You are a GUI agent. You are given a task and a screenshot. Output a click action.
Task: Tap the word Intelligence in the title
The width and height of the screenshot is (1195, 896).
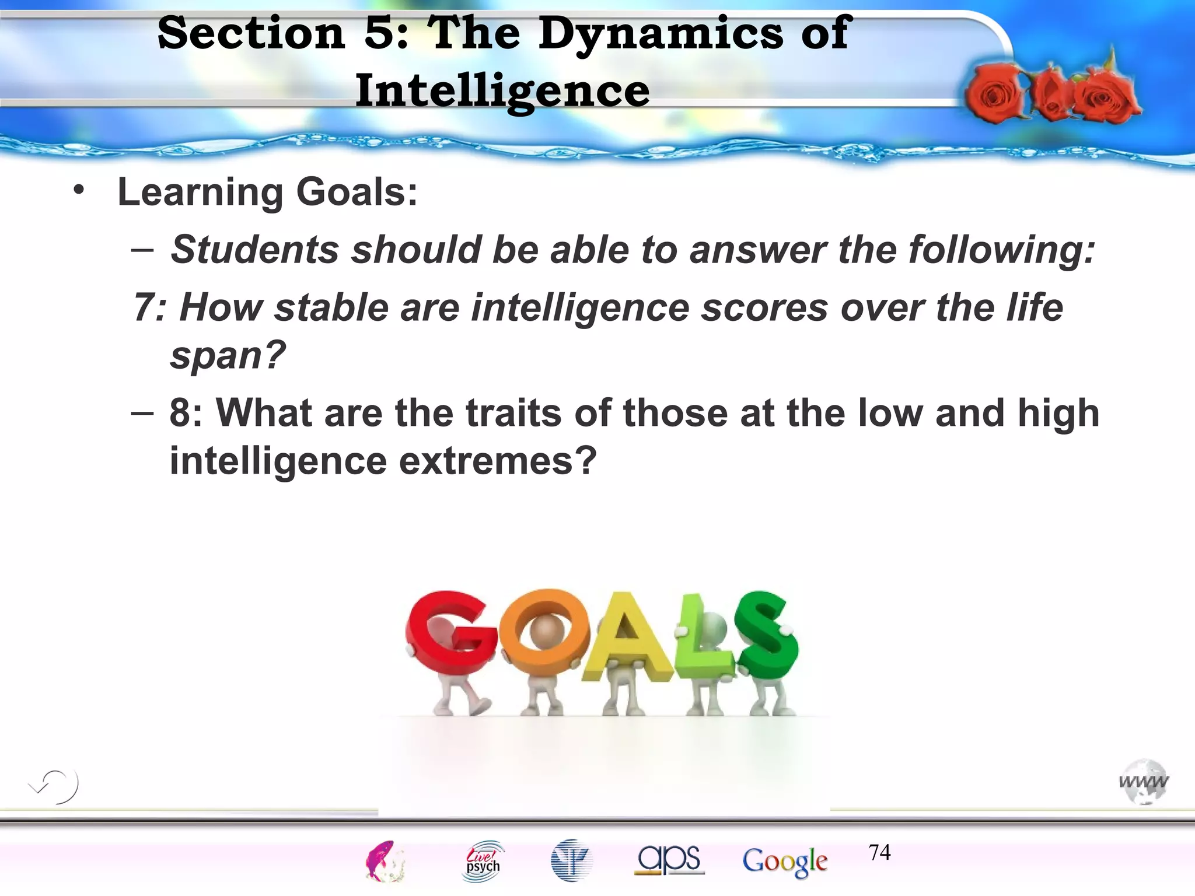point(502,91)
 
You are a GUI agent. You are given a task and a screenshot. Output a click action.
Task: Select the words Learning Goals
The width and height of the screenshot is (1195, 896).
point(267,192)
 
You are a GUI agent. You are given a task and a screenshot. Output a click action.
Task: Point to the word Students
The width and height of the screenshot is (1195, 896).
point(254,250)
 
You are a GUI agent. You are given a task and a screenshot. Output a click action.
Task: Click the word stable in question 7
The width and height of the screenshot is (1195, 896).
point(331,307)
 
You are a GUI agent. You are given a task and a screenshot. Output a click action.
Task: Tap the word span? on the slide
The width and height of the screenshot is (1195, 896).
point(228,355)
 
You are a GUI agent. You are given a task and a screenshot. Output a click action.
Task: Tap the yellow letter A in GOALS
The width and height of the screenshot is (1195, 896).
point(627,636)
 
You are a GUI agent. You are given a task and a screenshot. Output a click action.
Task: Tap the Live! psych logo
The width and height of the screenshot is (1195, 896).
point(483,860)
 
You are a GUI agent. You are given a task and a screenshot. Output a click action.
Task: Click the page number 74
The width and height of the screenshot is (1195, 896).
point(879,852)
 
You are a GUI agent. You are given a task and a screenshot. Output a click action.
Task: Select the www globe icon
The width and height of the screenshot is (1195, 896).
point(1144,781)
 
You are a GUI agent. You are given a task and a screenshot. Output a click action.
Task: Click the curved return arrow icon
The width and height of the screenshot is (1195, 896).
point(54,786)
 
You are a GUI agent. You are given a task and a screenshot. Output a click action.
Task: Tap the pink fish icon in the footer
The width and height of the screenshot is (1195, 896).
point(384,860)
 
